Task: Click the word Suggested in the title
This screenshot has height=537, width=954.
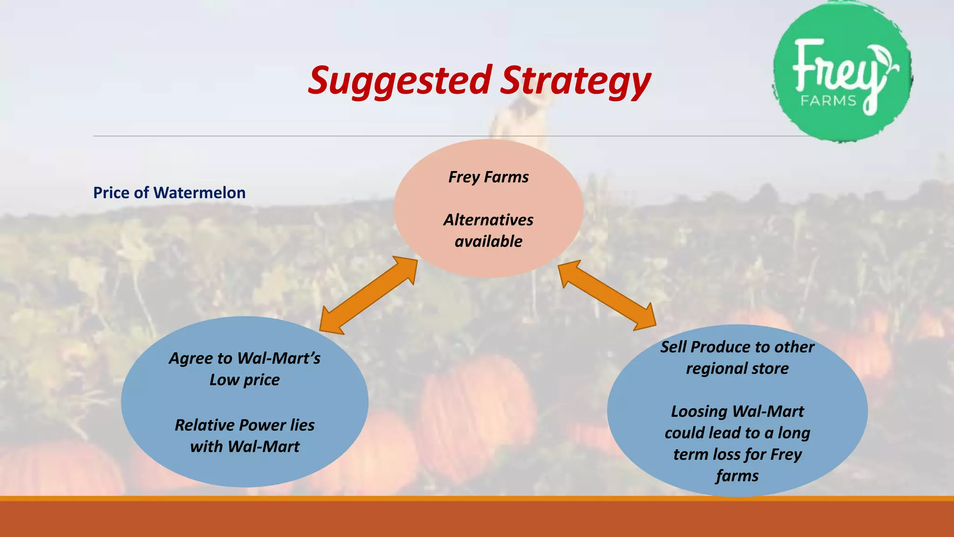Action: pos(399,80)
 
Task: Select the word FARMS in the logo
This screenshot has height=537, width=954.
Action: pos(829,100)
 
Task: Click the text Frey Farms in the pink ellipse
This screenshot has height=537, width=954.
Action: pos(488,177)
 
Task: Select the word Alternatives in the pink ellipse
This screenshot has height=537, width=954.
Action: pos(488,220)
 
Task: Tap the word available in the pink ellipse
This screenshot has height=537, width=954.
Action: pos(488,241)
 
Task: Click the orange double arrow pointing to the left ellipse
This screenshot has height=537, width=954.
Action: pos(368,295)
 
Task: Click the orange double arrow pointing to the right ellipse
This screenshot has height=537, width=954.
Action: pos(607,295)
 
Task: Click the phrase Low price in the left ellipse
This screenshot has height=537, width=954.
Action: pos(245,380)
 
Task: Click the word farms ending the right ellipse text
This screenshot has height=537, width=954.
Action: pos(737,476)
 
